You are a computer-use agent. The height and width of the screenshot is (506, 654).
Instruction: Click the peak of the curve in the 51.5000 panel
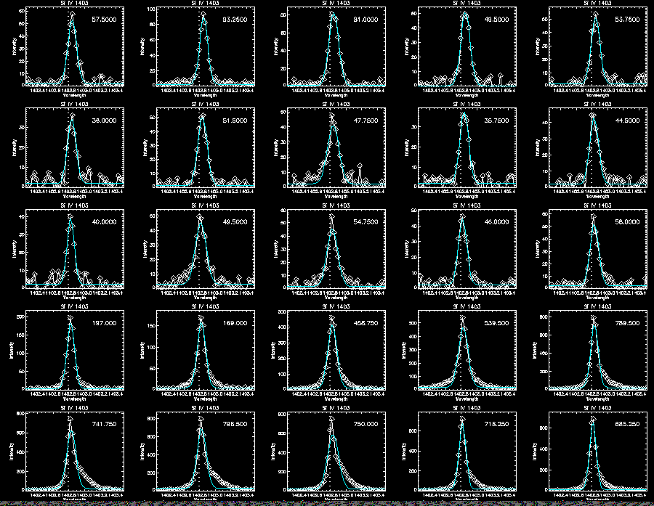pos(201,115)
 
